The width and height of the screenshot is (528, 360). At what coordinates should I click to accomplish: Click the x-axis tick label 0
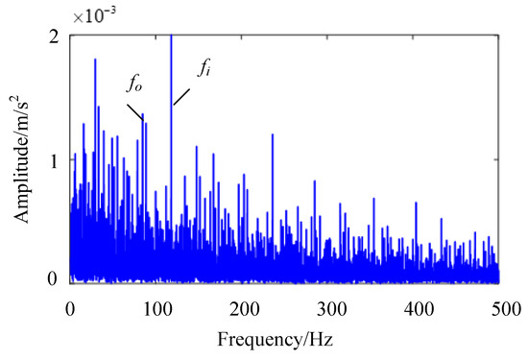coord(70,308)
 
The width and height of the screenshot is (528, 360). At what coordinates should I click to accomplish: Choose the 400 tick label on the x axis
coord(418,308)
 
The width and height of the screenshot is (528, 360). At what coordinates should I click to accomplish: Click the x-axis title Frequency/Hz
coord(286,340)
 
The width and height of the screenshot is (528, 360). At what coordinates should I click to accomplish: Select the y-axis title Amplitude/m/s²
coord(22,158)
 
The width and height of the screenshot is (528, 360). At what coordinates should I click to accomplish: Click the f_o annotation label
coord(134,84)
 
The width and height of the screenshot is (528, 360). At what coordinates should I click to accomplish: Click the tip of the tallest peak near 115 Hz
coord(171,36)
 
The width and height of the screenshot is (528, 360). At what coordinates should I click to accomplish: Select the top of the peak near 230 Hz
coord(273,134)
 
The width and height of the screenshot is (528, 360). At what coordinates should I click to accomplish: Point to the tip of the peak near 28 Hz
coord(95,60)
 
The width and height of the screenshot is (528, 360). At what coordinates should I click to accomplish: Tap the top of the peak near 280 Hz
coord(314,180)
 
